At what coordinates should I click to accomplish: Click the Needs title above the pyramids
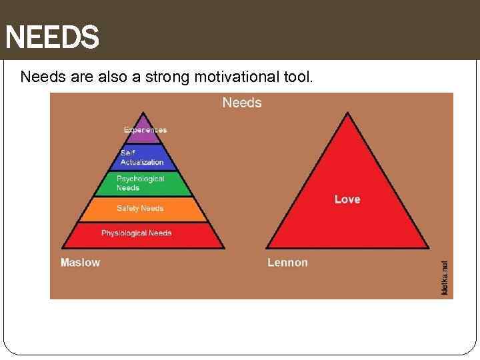(x=242, y=103)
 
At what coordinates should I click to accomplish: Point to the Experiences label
(x=145, y=129)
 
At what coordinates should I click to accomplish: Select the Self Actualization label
(x=142, y=158)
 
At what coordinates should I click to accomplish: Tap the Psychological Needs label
(x=140, y=183)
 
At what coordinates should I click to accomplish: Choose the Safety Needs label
(x=140, y=209)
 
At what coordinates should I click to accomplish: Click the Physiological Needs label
(x=137, y=233)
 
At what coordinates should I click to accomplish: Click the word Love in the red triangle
(x=347, y=199)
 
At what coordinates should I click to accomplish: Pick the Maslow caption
(x=81, y=263)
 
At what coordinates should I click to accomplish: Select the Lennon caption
(x=288, y=263)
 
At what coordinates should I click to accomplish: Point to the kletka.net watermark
(x=445, y=278)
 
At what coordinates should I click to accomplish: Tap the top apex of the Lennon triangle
(x=347, y=113)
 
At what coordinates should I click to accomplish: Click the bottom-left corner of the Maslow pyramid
(x=62, y=247)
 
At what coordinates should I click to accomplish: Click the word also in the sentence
(x=108, y=77)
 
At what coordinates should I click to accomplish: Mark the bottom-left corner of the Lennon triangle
(x=267, y=247)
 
